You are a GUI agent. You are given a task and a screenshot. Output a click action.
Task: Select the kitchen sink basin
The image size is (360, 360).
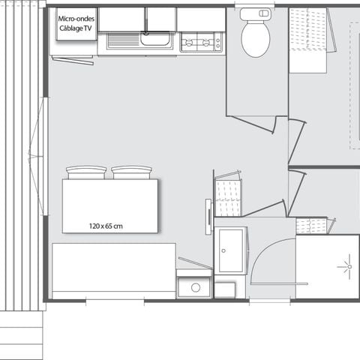point(155,41)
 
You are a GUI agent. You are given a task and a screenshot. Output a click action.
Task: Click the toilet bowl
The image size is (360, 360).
point(256,38)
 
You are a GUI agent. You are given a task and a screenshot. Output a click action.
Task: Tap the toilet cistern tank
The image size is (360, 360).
point(256,13)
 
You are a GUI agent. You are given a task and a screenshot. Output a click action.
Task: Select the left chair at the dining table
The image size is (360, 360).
point(86,172)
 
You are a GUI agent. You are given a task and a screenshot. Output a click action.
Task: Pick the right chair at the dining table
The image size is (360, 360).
point(132,172)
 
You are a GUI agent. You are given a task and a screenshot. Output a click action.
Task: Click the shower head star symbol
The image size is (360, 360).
point(346,266)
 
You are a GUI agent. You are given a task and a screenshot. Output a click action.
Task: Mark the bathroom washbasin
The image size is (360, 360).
point(230,250)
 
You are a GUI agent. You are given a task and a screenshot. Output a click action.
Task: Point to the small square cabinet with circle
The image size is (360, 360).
point(194,286)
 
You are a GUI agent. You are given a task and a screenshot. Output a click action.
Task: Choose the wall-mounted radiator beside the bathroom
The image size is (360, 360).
point(208,217)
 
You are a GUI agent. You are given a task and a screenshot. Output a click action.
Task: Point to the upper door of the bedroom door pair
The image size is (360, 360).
point(296,139)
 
